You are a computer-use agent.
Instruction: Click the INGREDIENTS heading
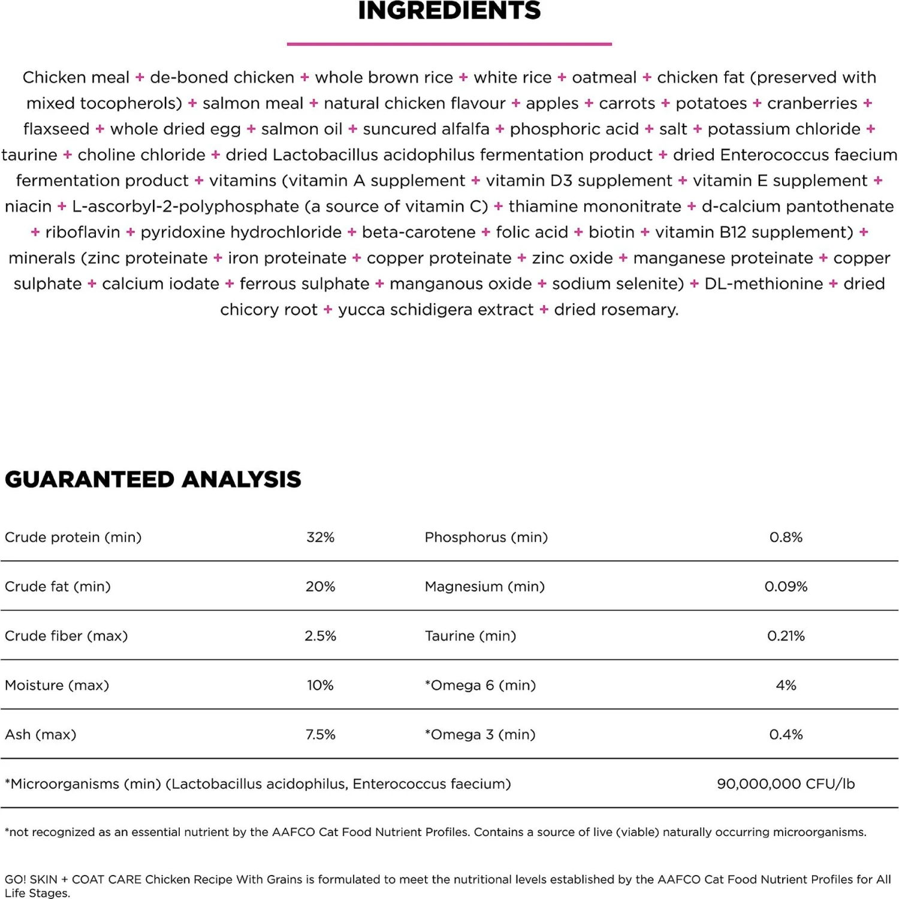click(450, 11)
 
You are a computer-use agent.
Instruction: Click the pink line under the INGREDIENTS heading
click(450, 44)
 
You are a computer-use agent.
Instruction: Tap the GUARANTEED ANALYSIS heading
click(153, 479)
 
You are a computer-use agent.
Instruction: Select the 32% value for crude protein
click(320, 537)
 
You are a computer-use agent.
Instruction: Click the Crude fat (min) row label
click(58, 586)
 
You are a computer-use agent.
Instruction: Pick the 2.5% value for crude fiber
click(320, 636)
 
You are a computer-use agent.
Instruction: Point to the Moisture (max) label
click(57, 685)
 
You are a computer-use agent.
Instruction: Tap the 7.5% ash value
click(320, 734)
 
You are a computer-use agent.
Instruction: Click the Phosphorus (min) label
click(486, 537)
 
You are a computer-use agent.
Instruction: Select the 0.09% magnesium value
click(786, 586)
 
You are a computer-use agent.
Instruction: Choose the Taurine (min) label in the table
click(470, 636)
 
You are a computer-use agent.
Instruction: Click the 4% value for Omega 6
click(786, 685)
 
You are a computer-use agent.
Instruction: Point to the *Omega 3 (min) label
click(480, 734)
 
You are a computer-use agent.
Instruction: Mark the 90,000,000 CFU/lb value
click(786, 783)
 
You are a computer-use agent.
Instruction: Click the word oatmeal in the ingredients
click(604, 77)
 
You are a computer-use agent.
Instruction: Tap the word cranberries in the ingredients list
click(812, 103)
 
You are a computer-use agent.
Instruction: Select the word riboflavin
click(83, 232)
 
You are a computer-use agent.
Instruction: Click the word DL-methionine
click(764, 283)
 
